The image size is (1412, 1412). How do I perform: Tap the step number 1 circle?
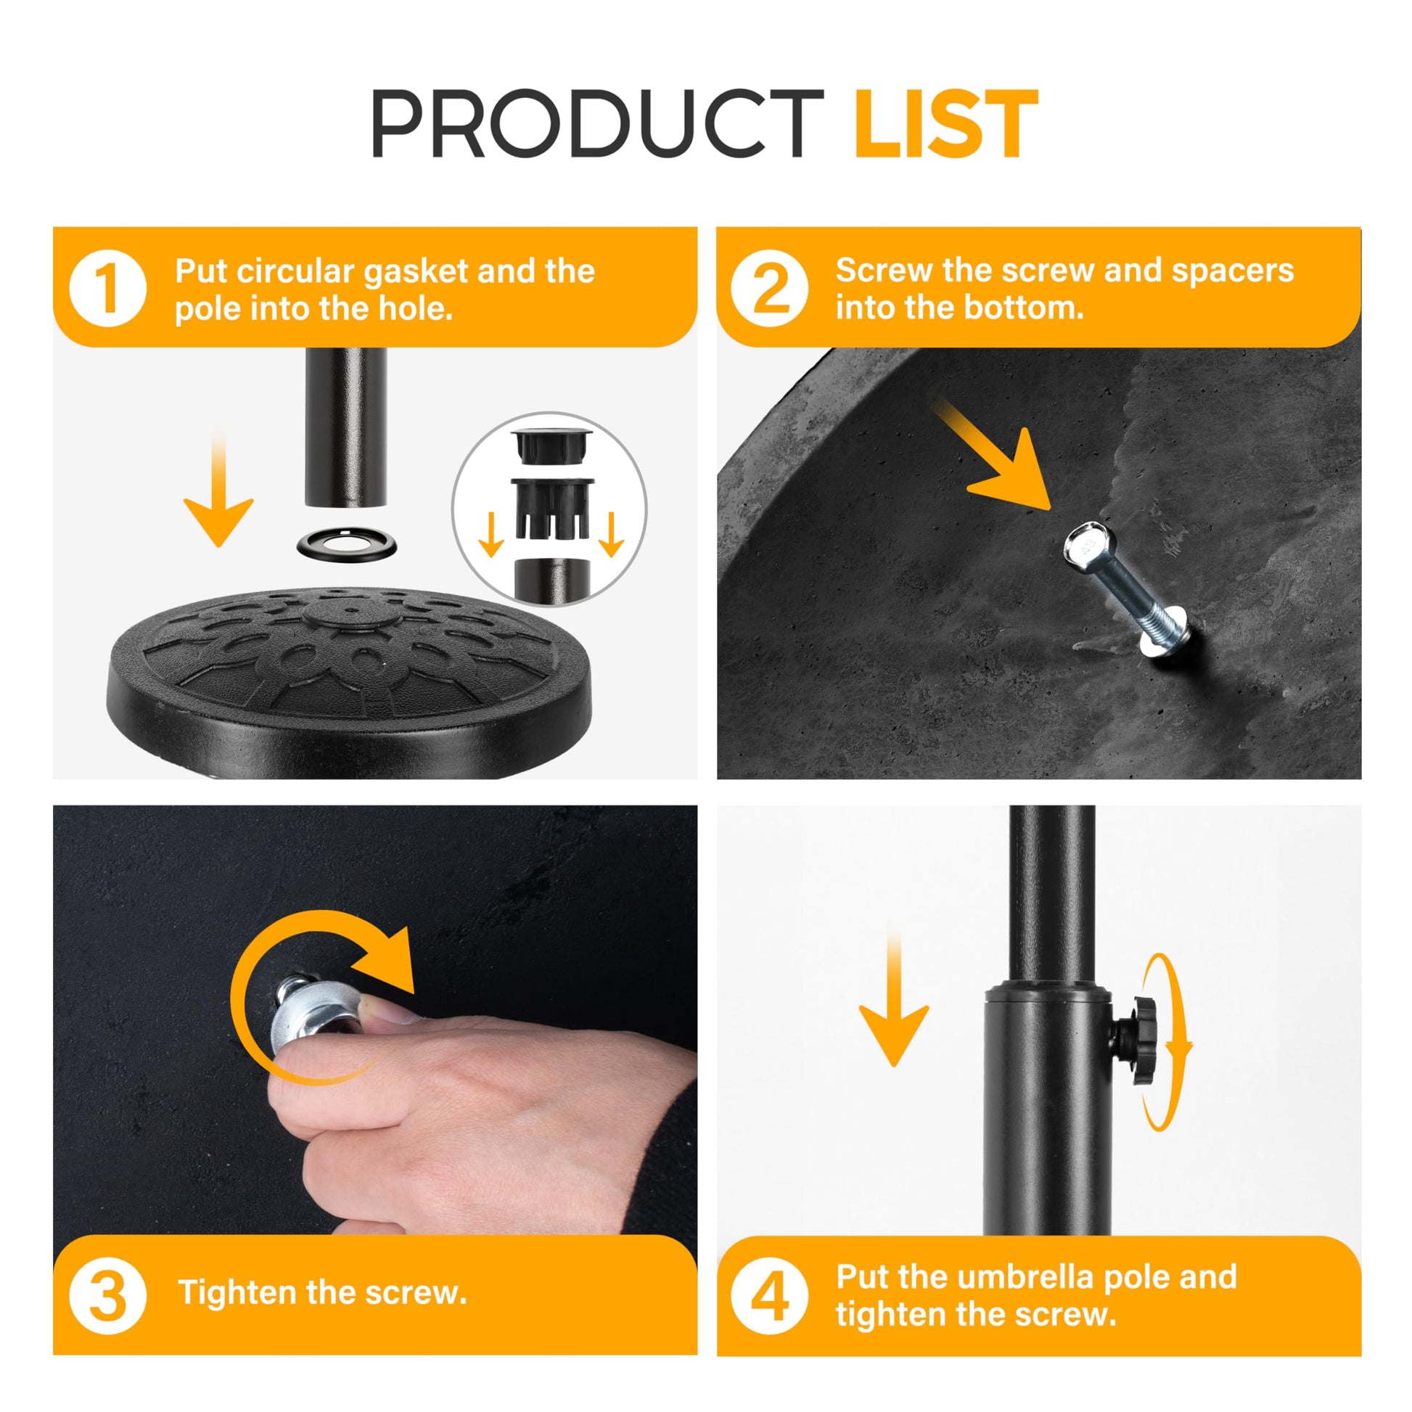click(108, 288)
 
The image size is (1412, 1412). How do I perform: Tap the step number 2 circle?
click(770, 288)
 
